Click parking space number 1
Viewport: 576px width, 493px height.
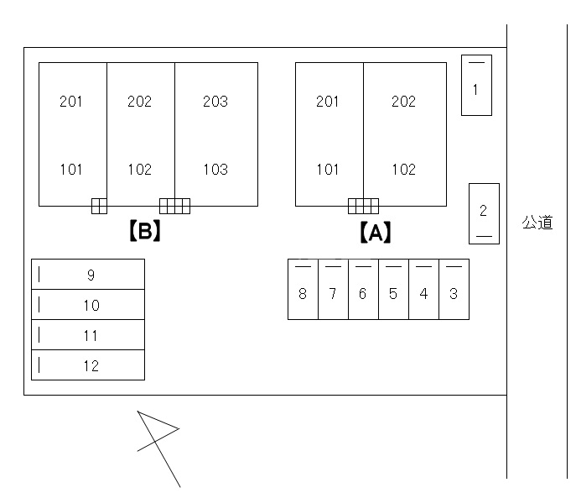(476, 86)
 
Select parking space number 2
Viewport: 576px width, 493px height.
(484, 214)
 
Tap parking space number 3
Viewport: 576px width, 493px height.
(454, 289)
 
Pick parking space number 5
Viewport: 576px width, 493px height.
(393, 289)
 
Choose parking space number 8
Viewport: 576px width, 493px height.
(303, 289)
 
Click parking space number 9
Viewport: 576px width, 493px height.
(88, 275)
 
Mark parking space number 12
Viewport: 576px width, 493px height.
(88, 365)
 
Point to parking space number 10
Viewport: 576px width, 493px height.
(88, 305)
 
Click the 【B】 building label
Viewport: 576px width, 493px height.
(145, 231)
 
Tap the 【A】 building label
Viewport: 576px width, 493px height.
(376, 232)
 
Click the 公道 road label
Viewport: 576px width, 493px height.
(537, 223)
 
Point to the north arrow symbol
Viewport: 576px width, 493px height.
(158, 448)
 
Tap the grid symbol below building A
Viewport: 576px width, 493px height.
(363, 206)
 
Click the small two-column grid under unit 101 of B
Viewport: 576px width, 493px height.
(99, 206)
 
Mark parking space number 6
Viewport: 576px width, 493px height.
(363, 289)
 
